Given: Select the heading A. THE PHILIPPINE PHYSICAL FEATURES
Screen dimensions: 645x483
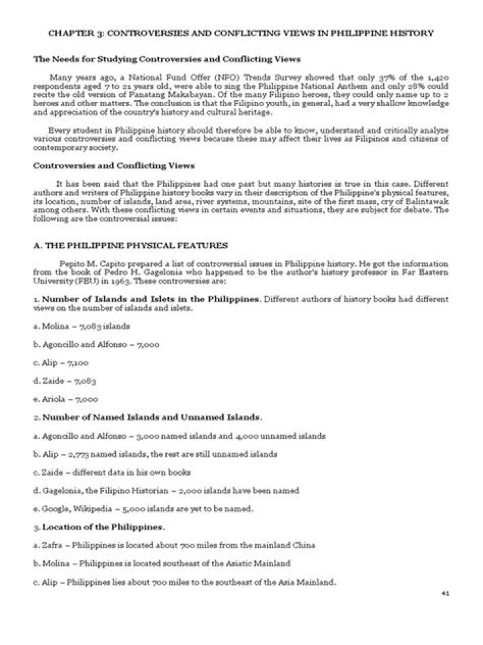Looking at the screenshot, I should click(130, 245).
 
